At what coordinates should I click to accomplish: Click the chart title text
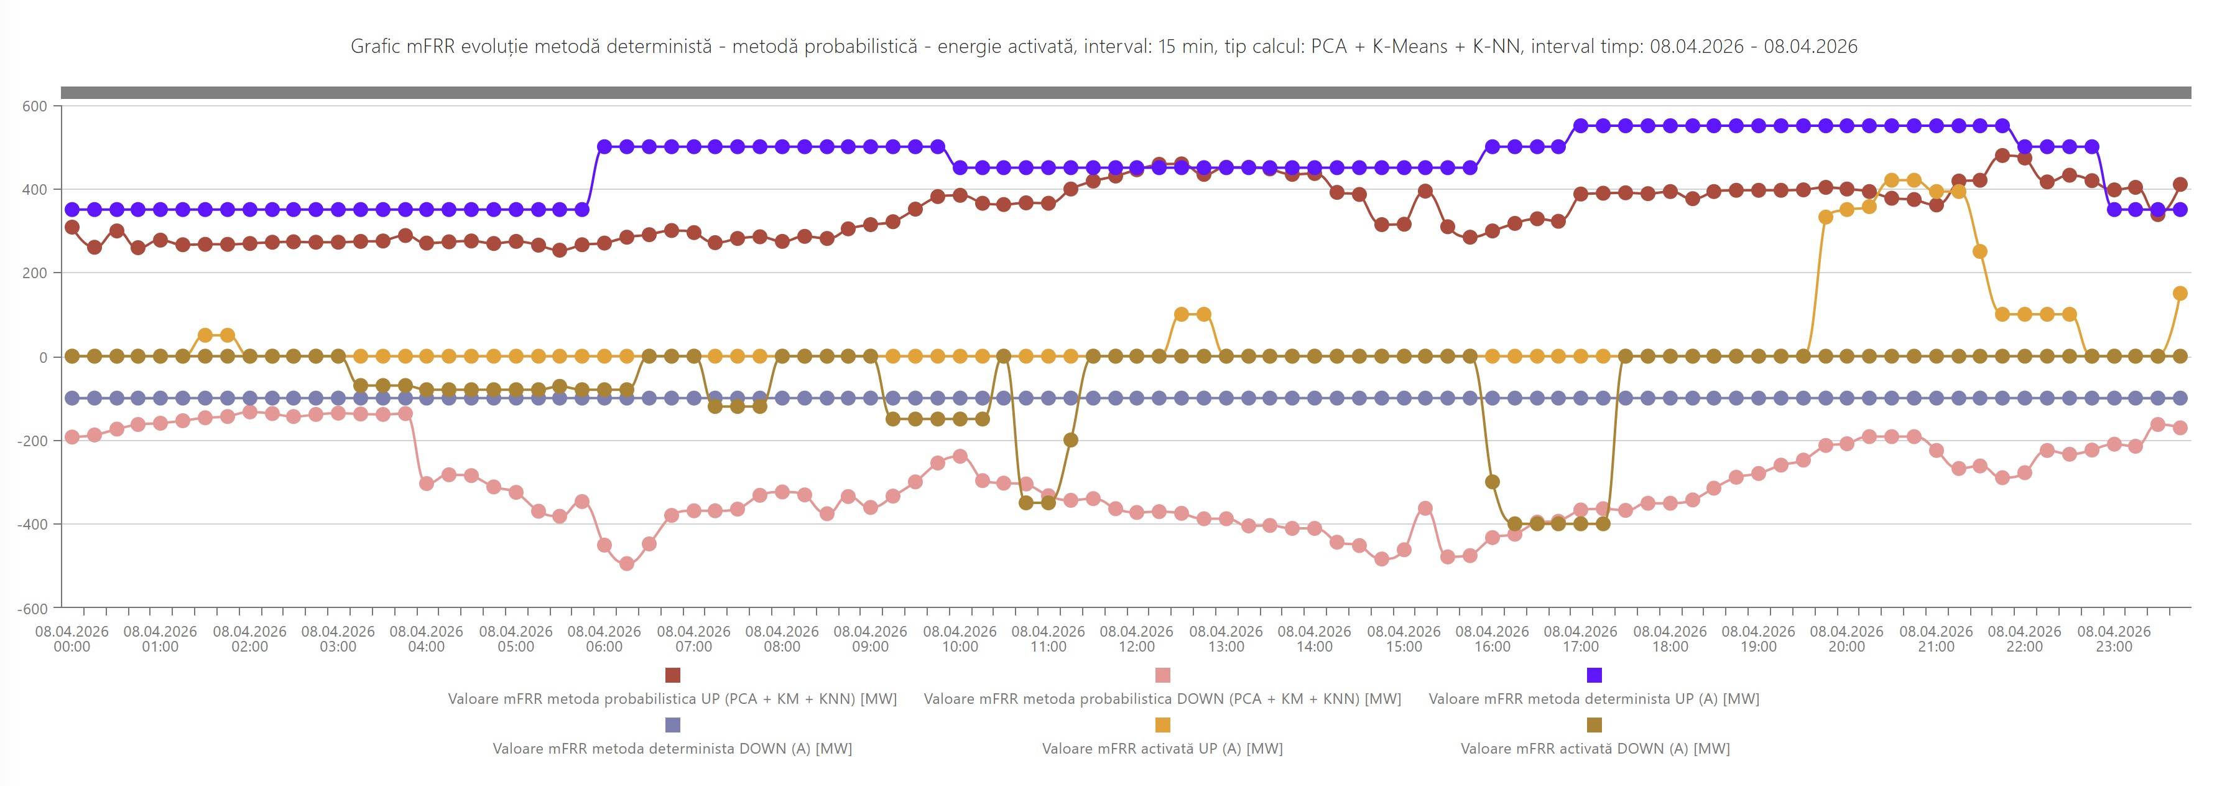coord(1103,47)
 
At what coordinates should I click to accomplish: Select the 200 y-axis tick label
coord(34,273)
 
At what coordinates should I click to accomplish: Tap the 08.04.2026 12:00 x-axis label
coord(1136,639)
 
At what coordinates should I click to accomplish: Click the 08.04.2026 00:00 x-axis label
coord(72,639)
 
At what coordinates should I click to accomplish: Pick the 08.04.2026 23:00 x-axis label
coord(2114,639)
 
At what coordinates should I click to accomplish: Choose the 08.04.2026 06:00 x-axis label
coord(604,639)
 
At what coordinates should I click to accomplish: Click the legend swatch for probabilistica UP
coord(672,675)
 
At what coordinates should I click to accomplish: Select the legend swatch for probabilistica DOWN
coord(1163,675)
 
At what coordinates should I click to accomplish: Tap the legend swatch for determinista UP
coord(1594,675)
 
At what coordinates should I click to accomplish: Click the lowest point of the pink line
coord(627,564)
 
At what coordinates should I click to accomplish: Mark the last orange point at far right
coord(2180,294)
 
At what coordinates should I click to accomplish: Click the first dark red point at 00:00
coord(72,227)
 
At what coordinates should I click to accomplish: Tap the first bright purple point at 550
coord(1580,126)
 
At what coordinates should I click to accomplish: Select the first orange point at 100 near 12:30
coord(1181,314)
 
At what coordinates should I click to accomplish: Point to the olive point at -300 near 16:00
coord(1493,482)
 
